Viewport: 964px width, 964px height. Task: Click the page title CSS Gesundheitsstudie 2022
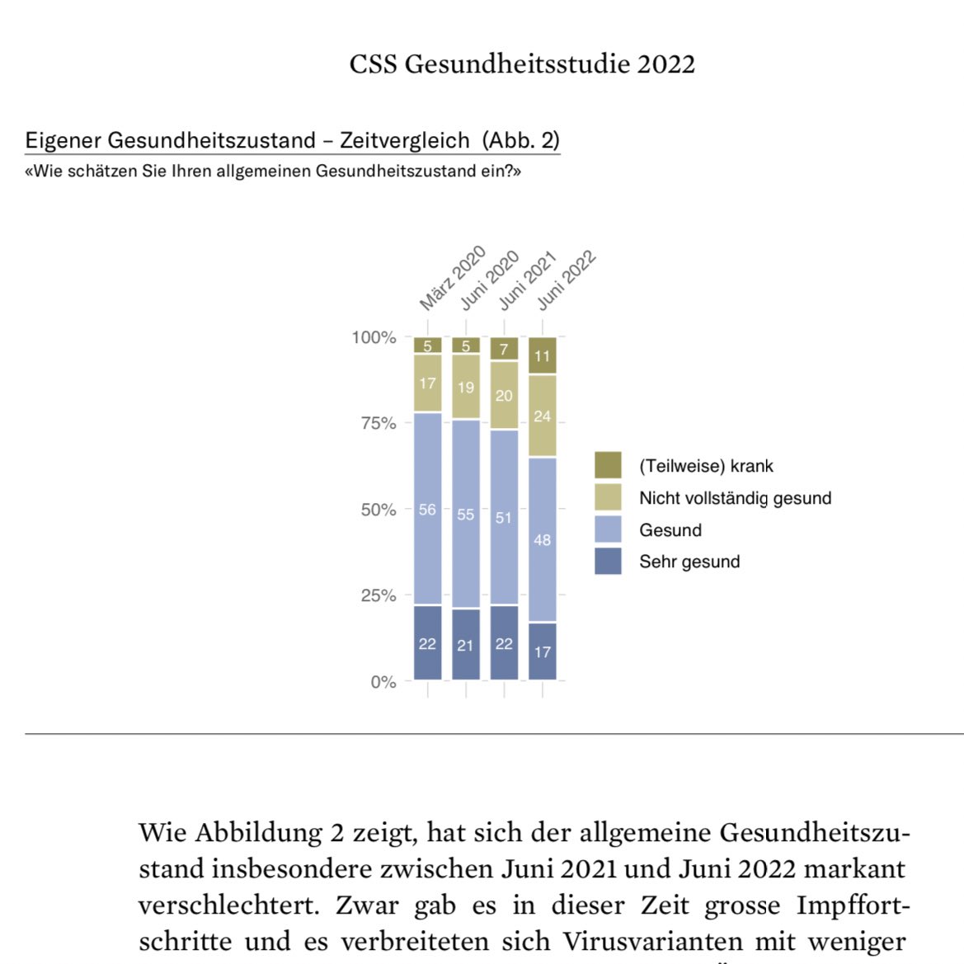click(522, 64)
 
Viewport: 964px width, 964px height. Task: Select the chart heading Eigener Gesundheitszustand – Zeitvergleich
click(247, 140)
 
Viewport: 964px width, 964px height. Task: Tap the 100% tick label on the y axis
click(374, 337)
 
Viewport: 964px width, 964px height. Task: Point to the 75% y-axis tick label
click(378, 423)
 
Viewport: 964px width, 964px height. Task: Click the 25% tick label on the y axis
click(378, 595)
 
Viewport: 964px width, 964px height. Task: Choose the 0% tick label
click(383, 682)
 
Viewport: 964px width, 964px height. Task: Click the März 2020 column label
click(452, 279)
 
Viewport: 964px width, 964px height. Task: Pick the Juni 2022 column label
click(567, 280)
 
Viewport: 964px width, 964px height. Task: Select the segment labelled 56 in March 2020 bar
click(427, 509)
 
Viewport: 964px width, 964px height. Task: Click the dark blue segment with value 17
click(542, 651)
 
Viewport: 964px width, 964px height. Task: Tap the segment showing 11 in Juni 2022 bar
click(542, 356)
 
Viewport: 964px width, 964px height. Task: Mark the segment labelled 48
click(542, 539)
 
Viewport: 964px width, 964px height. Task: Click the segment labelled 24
click(542, 416)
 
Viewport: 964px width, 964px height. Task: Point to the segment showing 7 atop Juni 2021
click(504, 349)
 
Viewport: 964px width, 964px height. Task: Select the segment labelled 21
click(466, 645)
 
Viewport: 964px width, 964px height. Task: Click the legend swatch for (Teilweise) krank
click(608, 465)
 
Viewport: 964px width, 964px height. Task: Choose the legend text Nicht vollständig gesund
click(735, 498)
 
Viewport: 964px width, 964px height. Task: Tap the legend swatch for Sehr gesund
click(608, 562)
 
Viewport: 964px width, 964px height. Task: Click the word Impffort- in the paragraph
click(853, 905)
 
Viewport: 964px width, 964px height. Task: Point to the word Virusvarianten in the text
click(652, 942)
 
